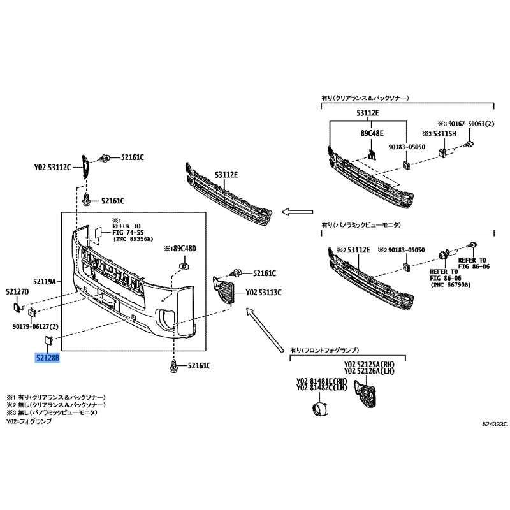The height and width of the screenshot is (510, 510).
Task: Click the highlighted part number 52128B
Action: tap(47, 358)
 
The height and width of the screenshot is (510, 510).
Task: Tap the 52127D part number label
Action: tap(17, 292)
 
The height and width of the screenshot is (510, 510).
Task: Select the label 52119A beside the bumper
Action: tap(45, 281)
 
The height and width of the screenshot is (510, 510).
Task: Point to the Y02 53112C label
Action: tap(52, 168)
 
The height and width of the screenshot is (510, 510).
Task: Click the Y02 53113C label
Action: tap(263, 293)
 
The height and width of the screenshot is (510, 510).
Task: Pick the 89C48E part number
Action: tap(372, 133)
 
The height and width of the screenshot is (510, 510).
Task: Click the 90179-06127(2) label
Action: tap(36, 326)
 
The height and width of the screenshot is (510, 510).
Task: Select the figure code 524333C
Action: tap(495, 424)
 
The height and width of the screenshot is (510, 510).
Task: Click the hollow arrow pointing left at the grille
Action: tap(297, 212)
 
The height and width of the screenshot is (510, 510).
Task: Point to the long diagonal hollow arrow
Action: tap(265, 330)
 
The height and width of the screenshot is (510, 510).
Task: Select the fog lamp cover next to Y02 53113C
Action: tap(224, 290)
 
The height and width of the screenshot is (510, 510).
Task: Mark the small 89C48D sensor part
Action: tap(184, 266)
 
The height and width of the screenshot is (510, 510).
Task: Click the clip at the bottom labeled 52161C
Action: tap(174, 366)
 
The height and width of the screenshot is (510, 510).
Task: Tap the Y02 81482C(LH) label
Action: tap(321, 388)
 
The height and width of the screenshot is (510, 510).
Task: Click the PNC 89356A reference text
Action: tap(133, 239)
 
